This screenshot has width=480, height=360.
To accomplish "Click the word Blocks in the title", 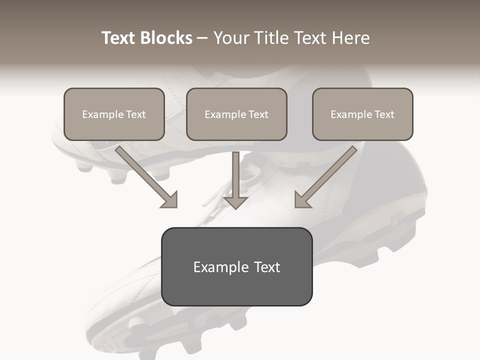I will (166, 38).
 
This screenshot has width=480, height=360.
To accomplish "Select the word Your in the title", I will (229, 38).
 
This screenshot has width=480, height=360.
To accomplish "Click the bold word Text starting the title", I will (118, 38).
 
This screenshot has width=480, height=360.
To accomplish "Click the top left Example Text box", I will (114, 114).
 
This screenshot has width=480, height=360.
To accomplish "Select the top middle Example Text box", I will (236, 114).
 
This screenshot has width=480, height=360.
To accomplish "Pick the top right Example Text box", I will (362, 114).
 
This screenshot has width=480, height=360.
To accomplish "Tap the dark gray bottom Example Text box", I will (236, 266).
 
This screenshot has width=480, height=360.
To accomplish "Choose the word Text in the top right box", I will (384, 114).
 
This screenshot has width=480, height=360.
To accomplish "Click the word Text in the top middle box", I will (258, 114).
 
